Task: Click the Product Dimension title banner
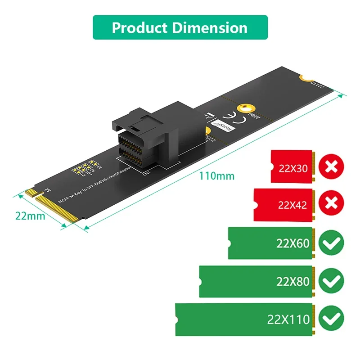pyautogui.click(x=180, y=27)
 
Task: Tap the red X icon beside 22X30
pyautogui.click(x=331, y=167)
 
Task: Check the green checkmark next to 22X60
pyautogui.click(x=331, y=243)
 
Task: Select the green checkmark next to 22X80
pyautogui.click(x=331, y=282)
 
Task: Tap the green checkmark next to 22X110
pyautogui.click(x=331, y=319)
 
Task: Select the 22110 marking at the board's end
pyautogui.click(x=315, y=84)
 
